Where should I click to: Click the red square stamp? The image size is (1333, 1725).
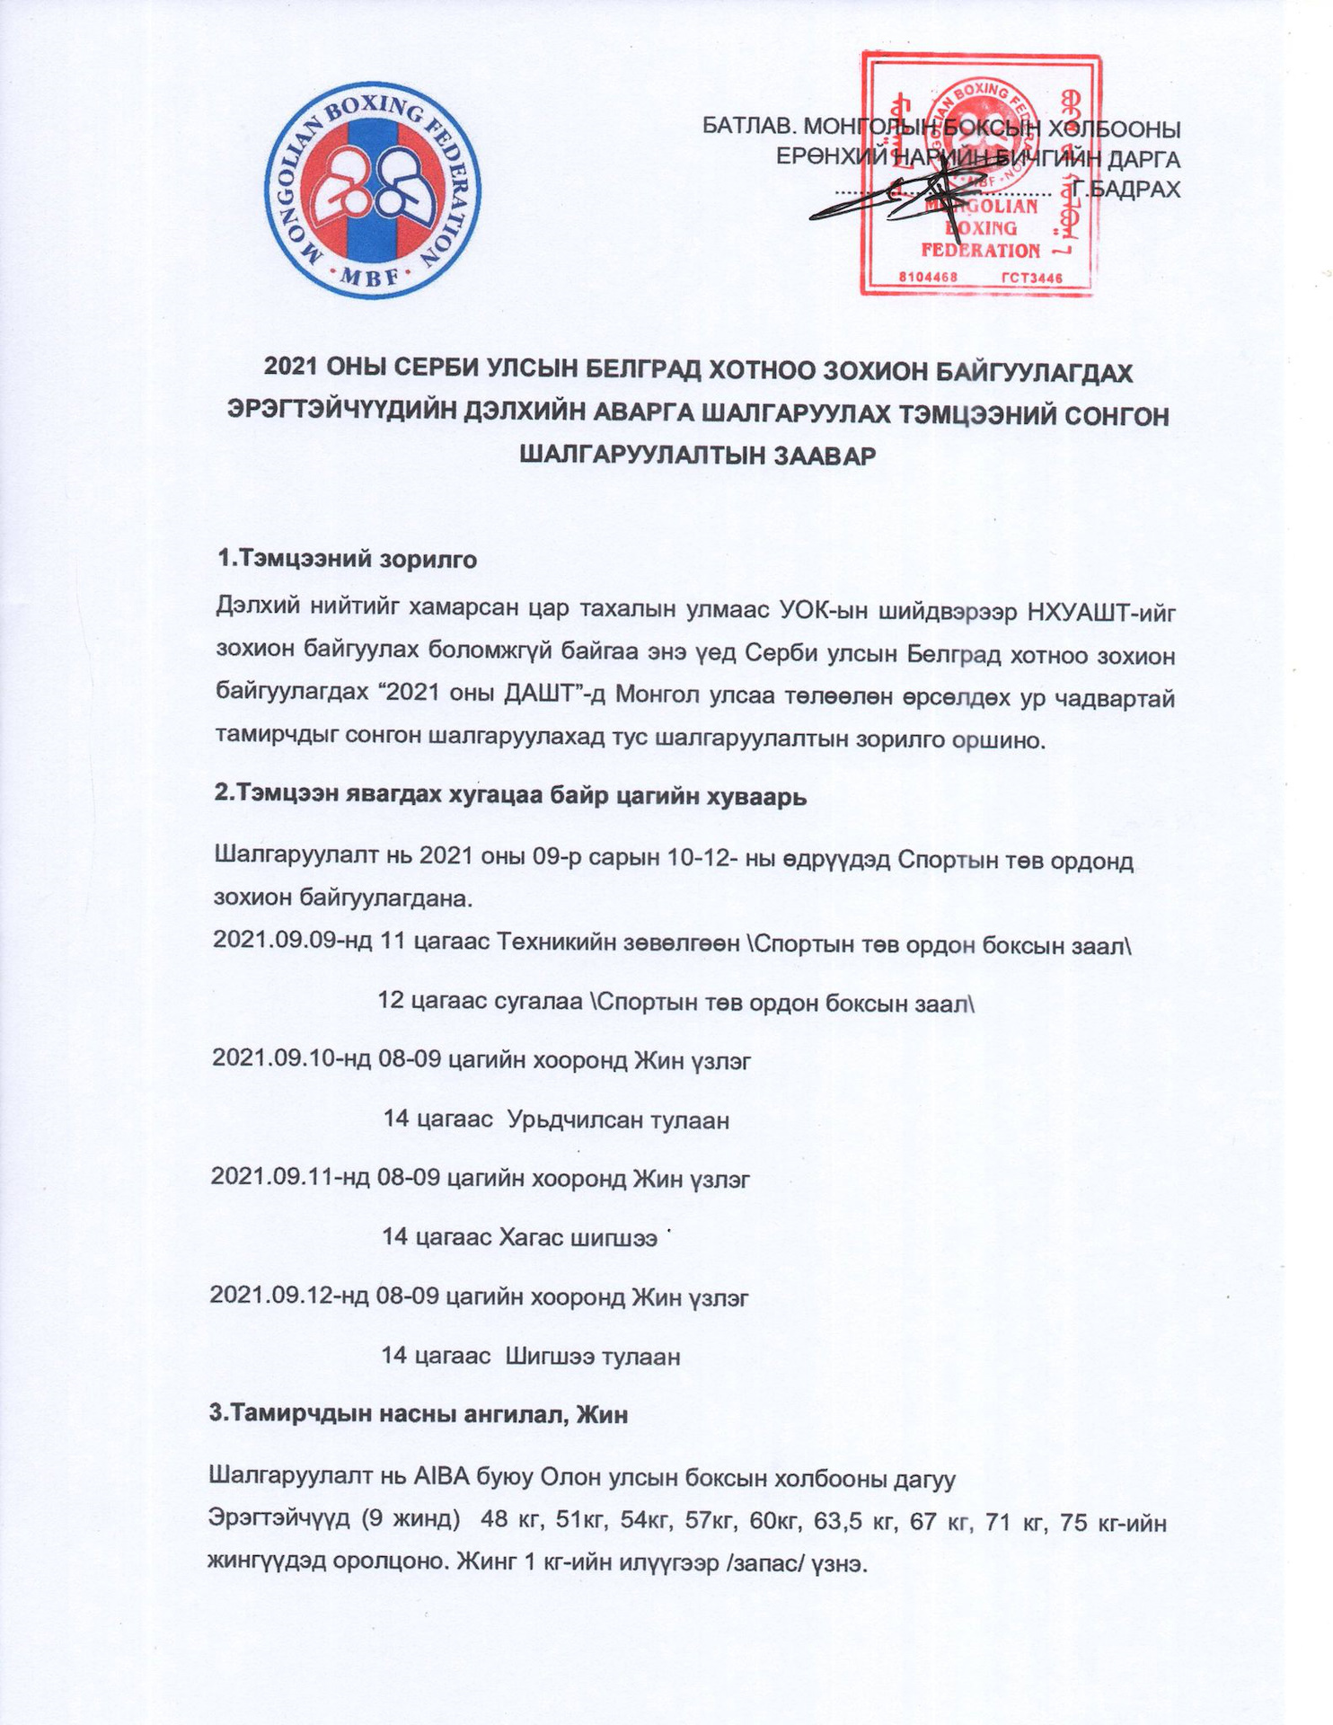(x=980, y=172)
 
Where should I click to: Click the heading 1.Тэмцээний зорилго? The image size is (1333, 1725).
(x=347, y=559)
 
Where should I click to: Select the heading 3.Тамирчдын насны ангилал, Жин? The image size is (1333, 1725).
(x=418, y=1413)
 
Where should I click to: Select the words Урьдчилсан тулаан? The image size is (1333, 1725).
(x=618, y=1119)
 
